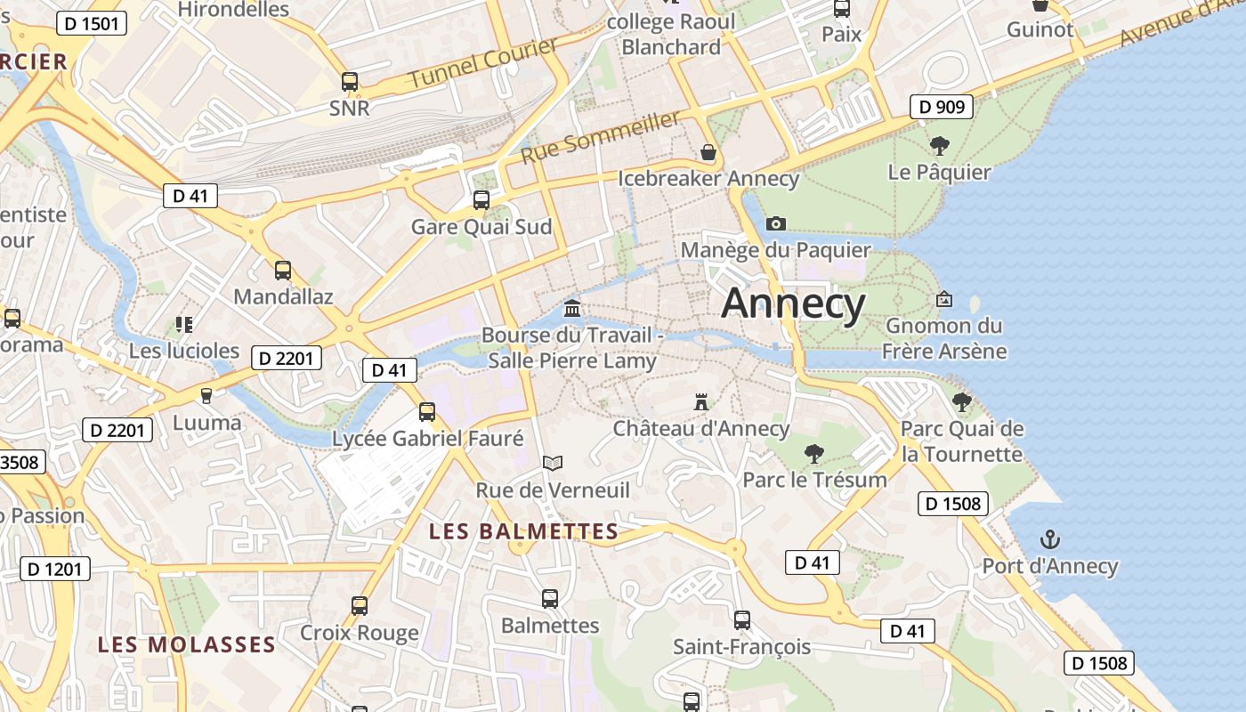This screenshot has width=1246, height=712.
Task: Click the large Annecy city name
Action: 793,303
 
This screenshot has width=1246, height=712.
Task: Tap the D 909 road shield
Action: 941,108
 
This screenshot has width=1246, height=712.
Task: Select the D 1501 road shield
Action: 92,23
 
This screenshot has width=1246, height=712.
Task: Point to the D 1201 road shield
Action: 55,569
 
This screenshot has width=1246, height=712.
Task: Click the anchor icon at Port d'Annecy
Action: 1050,539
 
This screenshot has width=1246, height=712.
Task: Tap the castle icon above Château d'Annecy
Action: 701,402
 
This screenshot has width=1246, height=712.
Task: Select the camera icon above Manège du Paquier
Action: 776,223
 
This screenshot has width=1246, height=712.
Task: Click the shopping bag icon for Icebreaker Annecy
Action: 708,152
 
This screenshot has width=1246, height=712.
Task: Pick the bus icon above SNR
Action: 350,82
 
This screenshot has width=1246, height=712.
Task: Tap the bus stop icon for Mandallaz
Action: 283,271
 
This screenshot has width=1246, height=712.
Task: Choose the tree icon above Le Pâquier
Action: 939,145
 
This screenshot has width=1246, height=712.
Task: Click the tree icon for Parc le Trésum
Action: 813,453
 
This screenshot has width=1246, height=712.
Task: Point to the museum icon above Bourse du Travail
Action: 572,308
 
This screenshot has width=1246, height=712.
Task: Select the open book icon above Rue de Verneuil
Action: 553,463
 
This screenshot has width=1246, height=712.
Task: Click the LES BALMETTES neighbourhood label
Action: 523,531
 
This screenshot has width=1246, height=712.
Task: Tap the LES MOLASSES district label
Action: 186,644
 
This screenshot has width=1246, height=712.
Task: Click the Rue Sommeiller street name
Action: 601,136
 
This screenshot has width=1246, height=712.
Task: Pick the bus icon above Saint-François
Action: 741,620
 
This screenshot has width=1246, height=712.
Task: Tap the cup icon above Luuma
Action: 206,395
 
